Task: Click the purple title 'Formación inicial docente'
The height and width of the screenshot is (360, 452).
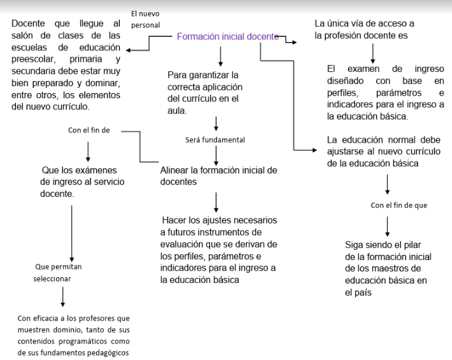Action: coord(228,36)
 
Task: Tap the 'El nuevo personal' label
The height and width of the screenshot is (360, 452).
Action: coord(145,19)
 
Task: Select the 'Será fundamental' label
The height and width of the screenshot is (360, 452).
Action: coord(215,140)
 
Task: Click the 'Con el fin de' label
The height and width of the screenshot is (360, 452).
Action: coord(89,130)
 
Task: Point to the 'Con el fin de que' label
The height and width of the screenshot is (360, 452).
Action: coord(399,205)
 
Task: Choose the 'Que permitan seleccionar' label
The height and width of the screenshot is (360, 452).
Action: coord(58,273)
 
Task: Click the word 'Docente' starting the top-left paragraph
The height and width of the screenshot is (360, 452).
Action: coord(28,24)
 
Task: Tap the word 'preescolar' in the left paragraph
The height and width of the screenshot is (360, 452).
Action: coord(34,59)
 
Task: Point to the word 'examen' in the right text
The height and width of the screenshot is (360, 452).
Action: coord(364,69)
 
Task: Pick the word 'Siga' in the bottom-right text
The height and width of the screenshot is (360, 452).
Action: coord(354,245)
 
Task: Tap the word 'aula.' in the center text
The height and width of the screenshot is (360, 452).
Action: coord(177,111)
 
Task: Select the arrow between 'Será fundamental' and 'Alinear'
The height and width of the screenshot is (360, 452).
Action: coord(216,155)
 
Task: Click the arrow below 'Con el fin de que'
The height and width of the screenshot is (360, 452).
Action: coord(388,226)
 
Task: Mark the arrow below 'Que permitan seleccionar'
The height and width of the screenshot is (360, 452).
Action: coord(63,297)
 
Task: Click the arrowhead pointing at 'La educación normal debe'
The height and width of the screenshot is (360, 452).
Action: coord(314,150)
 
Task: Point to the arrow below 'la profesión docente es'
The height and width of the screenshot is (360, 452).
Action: coord(372,54)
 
